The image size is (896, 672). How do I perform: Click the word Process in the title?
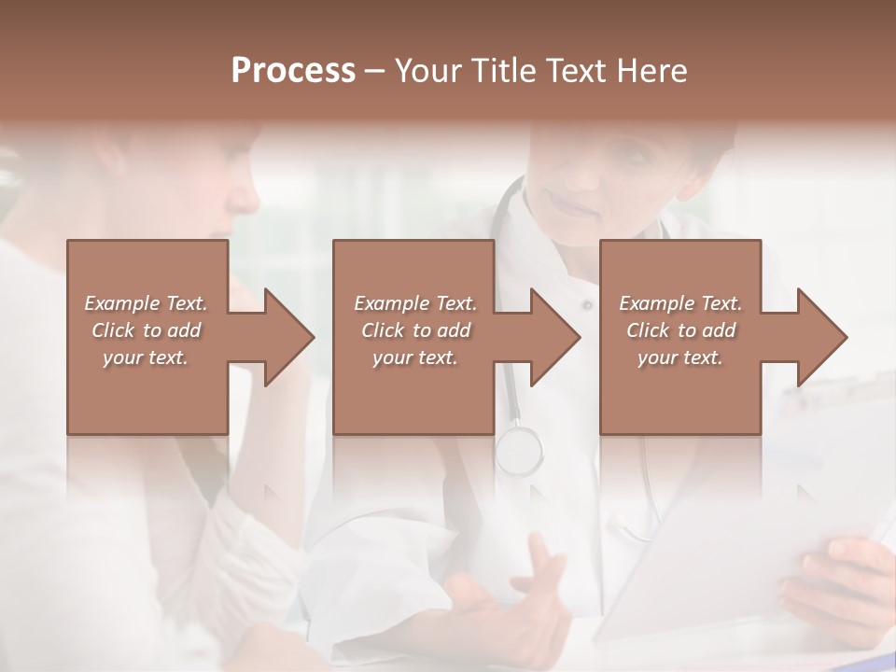click(x=293, y=71)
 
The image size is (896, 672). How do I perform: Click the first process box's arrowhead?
click(x=285, y=337)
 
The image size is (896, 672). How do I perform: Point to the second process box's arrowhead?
click(x=552, y=337)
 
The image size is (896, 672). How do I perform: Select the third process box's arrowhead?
click(x=819, y=337)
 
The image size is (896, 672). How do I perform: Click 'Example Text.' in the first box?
click(x=146, y=303)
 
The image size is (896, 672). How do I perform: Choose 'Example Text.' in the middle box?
click(x=414, y=303)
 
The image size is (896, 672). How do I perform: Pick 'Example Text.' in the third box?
click(x=680, y=303)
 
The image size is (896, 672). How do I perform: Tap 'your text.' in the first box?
click(x=146, y=357)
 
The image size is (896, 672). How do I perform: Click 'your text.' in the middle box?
click(x=414, y=357)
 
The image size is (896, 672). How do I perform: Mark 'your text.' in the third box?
click(x=680, y=357)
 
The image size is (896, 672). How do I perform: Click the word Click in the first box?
click(x=113, y=330)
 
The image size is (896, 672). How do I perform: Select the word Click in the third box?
click(x=648, y=330)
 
